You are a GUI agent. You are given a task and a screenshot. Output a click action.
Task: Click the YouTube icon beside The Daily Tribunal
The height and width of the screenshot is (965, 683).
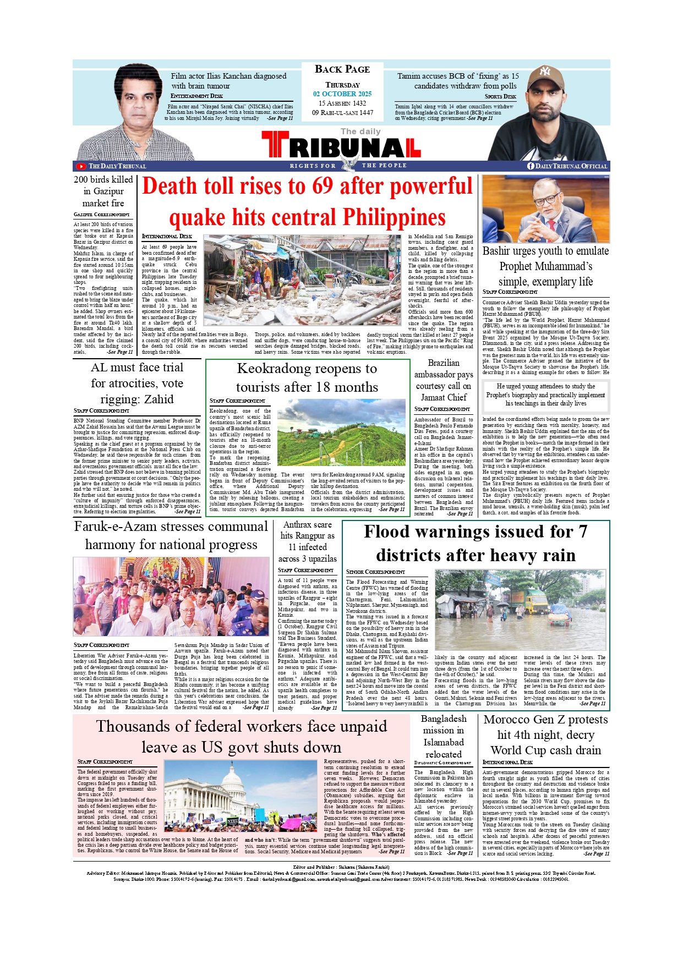pos(81,166)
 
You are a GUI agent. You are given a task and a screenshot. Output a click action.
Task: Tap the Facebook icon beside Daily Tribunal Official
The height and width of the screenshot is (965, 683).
pos(531,166)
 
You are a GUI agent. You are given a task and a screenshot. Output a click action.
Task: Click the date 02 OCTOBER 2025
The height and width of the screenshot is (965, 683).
pos(342,94)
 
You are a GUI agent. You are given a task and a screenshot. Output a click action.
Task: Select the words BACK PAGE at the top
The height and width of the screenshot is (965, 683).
pos(342,69)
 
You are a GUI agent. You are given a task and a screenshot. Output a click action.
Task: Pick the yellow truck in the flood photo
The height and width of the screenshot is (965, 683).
pos(529,600)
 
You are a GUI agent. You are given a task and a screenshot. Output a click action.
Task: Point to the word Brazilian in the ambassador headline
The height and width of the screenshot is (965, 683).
pos(444,363)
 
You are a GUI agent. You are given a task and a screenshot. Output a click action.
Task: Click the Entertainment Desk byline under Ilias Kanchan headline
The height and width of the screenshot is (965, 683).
pos(196,96)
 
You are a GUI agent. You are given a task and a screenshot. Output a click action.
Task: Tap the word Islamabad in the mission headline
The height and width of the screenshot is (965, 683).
pos(444,743)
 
